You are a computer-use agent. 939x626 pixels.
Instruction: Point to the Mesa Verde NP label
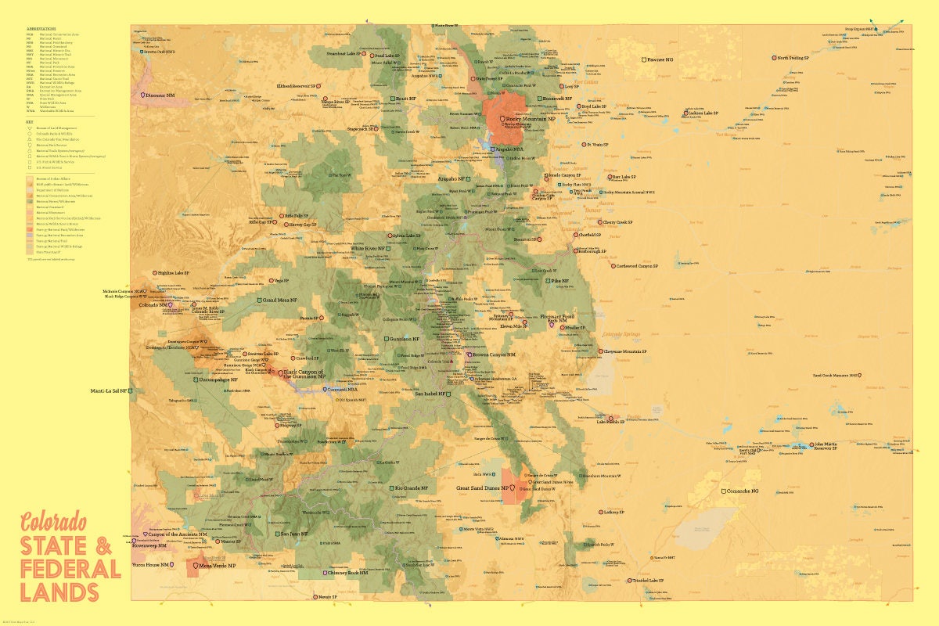pyautogui.click(x=217, y=565)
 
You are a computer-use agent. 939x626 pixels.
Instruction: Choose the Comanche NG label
pyautogui.click(x=743, y=491)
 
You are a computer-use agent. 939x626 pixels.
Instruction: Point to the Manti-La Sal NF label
pyautogui.click(x=109, y=390)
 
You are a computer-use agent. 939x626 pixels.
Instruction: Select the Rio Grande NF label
pyautogui.click(x=412, y=487)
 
